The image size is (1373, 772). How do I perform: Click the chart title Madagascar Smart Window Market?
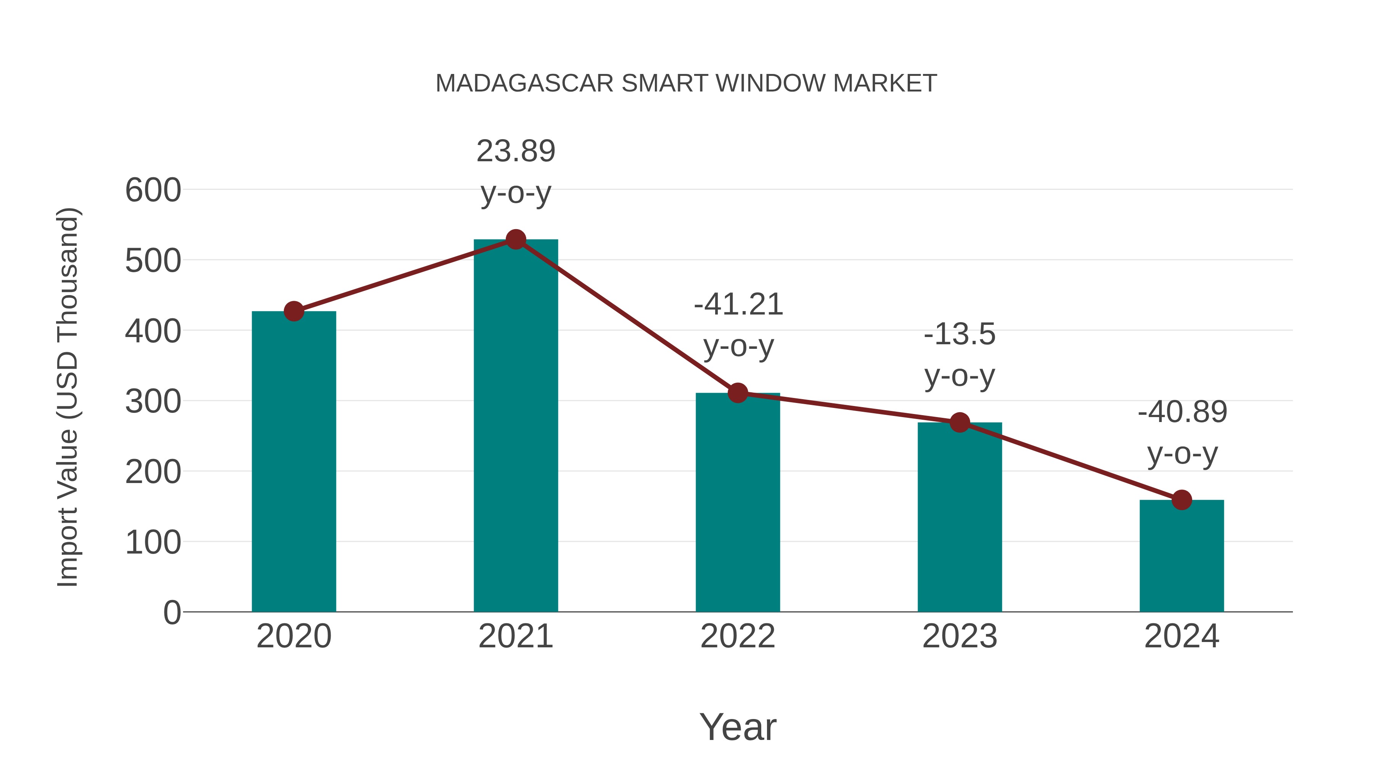[x=686, y=83]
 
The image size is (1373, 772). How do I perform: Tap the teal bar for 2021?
[x=515, y=426]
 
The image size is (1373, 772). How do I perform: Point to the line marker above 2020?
[x=294, y=311]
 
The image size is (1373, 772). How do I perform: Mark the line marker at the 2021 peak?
[x=515, y=240]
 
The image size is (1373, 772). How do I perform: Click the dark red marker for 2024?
[x=1182, y=500]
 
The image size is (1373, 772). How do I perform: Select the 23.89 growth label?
[x=515, y=151]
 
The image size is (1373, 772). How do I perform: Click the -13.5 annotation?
[x=960, y=335]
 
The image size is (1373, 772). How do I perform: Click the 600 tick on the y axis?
[x=153, y=190]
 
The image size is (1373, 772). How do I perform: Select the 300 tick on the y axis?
[x=153, y=402]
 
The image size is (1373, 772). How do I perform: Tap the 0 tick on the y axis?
[x=172, y=613]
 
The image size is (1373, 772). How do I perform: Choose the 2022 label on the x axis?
[x=738, y=636]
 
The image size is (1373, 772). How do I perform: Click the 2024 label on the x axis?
[x=1182, y=636]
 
